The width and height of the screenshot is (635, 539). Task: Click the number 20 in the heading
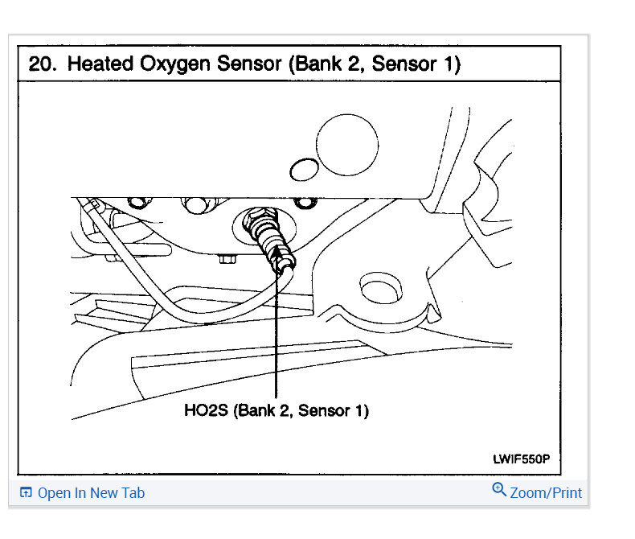pos(42,64)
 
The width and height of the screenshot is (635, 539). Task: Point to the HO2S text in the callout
pos(207,411)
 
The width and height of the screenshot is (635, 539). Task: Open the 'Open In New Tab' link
pos(91,493)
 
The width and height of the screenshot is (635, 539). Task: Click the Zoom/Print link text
pos(546,492)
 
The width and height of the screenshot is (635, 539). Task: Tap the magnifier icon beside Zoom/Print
pos(499,490)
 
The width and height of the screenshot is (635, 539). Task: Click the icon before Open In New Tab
pos(26,493)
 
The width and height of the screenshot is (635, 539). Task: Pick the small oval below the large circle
pos(302,170)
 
